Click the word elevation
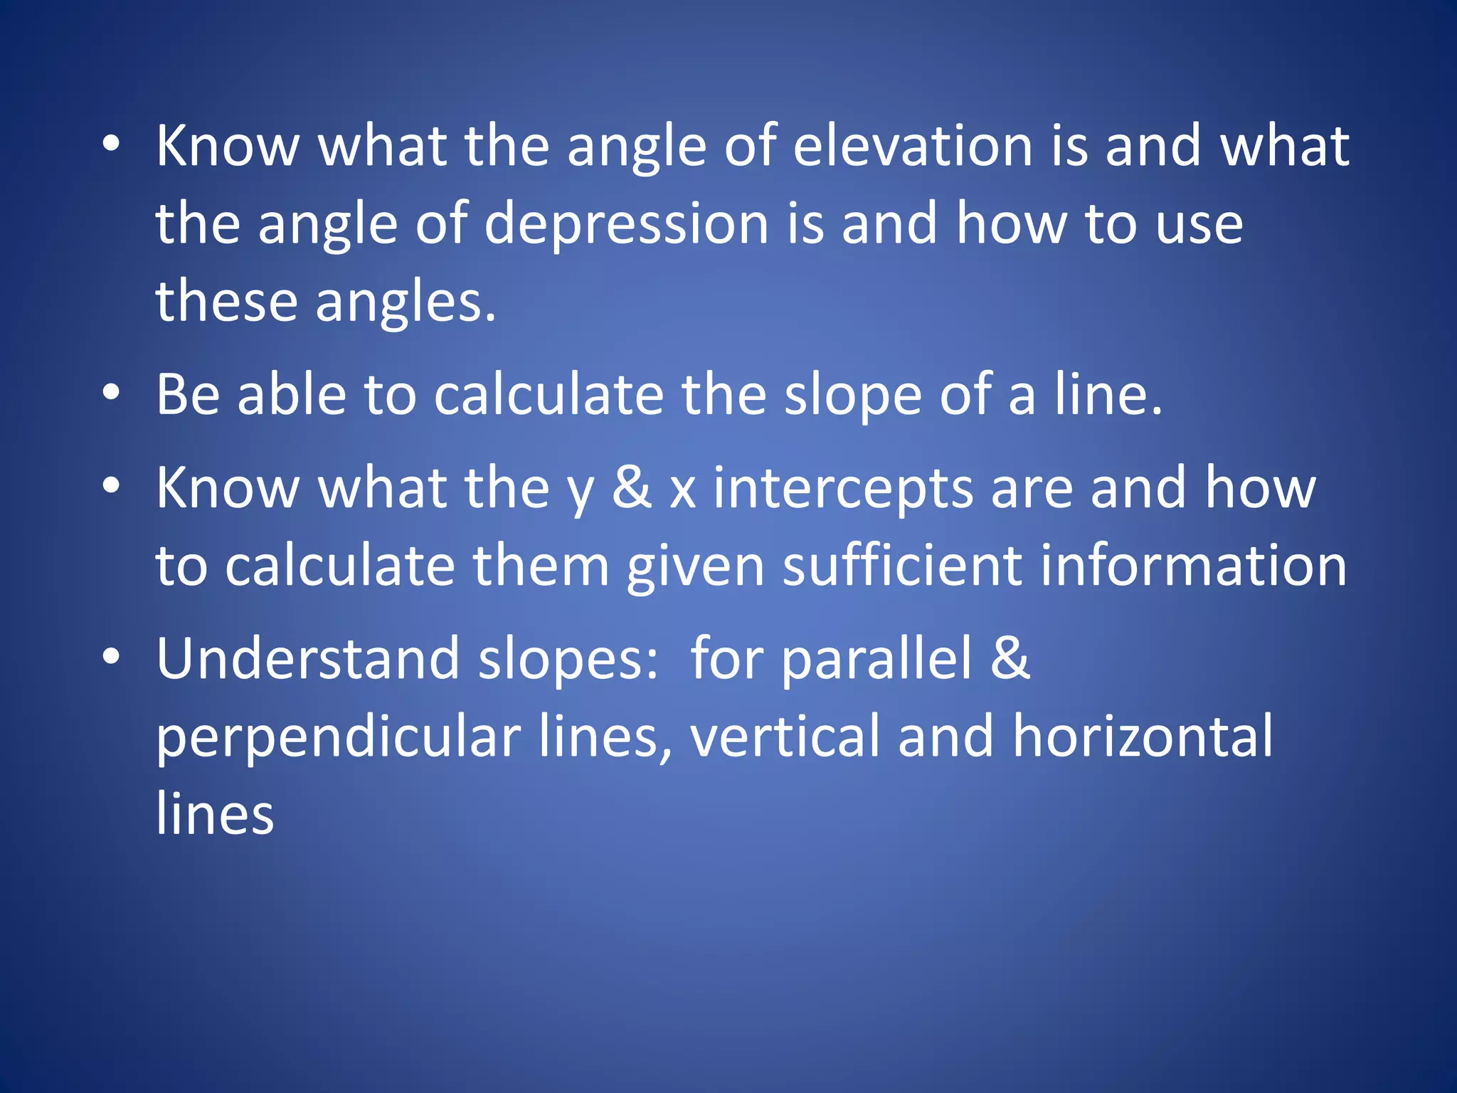pyautogui.click(x=912, y=146)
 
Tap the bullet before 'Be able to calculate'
pyautogui.click(x=111, y=393)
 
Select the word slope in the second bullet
pyautogui.click(x=852, y=395)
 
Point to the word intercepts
pyautogui.click(x=843, y=489)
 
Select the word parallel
pyautogui.click(x=876, y=660)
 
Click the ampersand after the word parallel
pyautogui.click(x=1010, y=658)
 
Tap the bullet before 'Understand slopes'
pyautogui.click(x=111, y=657)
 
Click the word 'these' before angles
pyautogui.click(x=226, y=301)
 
